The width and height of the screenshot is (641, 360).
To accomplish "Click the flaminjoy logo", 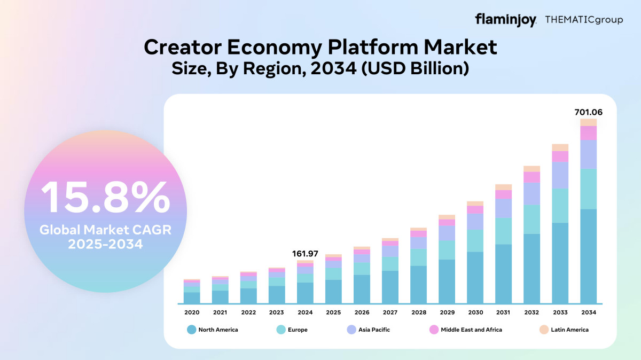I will tap(505, 20).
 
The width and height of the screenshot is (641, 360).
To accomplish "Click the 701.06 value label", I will tap(588, 112).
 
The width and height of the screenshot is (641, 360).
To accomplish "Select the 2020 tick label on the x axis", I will tap(192, 312).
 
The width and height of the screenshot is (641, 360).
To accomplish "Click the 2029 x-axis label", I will tap(447, 312).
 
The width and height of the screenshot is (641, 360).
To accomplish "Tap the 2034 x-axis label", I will tap(588, 312).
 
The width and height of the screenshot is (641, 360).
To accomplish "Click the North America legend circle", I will tap(191, 330).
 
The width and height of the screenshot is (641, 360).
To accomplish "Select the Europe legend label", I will tap(298, 330).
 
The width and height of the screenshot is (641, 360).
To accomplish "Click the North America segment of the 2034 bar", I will tap(588, 256).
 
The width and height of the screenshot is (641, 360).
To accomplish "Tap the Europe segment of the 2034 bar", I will tap(588, 189).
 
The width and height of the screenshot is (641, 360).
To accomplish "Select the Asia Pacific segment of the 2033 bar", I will tap(560, 175).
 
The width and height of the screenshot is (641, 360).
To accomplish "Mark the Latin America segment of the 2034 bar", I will tap(588, 122).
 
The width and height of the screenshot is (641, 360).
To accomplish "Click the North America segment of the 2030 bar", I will tap(475, 277).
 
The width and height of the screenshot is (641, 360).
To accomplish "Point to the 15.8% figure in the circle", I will tap(105, 198).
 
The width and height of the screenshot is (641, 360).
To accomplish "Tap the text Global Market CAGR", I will tap(105, 230).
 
